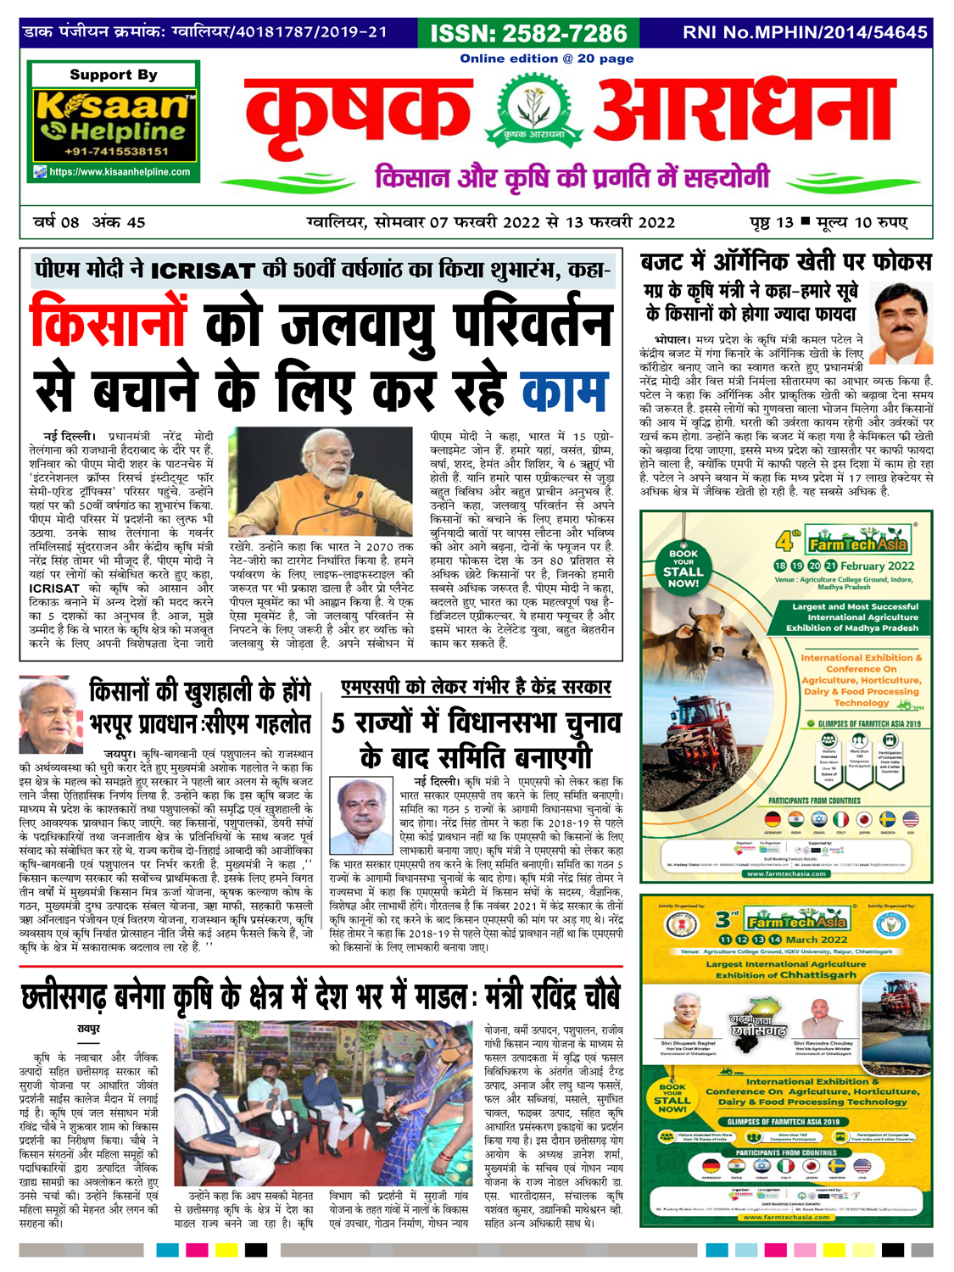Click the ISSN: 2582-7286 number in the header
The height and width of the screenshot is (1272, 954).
pyautogui.click(x=528, y=33)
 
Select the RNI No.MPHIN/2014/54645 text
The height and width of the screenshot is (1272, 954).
pyautogui.click(x=805, y=32)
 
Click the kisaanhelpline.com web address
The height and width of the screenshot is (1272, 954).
pyautogui.click(x=119, y=172)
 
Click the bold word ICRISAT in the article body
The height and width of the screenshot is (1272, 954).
pyautogui.click(x=54, y=588)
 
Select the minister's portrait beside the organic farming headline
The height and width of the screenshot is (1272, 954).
pyautogui.click(x=902, y=323)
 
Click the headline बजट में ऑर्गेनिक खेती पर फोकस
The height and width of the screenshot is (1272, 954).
pyautogui.click(x=785, y=262)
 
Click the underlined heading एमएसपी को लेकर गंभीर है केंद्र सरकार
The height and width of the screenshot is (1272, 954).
pyautogui.click(x=476, y=687)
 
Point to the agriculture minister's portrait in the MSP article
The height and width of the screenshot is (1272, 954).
pyautogui.click(x=364, y=817)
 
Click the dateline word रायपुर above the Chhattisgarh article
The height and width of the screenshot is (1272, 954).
pyautogui.click(x=88, y=1029)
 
